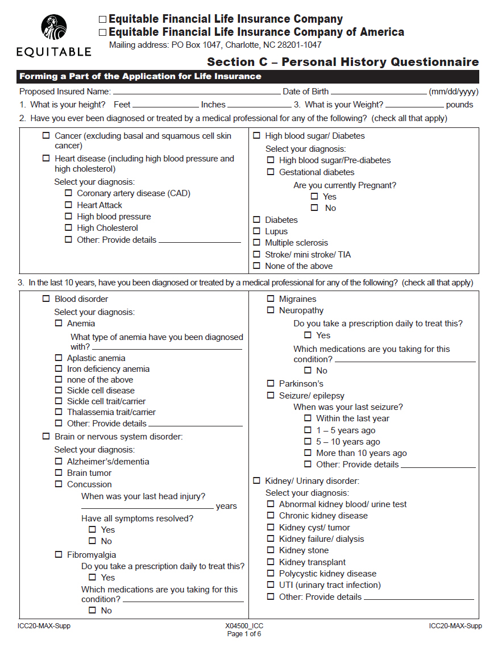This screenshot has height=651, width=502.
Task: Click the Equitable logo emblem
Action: (x=54, y=28)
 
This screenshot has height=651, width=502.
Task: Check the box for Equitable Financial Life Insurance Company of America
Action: (x=102, y=32)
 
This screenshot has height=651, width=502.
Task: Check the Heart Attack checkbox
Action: (x=68, y=205)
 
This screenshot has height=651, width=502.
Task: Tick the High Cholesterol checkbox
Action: (x=68, y=229)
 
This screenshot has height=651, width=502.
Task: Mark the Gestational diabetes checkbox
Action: (x=271, y=172)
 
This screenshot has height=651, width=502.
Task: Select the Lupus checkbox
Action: (x=256, y=231)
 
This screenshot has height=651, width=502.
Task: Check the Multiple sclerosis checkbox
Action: (x=256, y=243)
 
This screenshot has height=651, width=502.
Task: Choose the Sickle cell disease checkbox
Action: (x=59, y=391)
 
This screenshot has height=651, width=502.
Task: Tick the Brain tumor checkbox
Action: (x=59, y=473)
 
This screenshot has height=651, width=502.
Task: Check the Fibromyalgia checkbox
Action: (x=59, y=555)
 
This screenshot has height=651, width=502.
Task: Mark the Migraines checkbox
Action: (x=271, y=299)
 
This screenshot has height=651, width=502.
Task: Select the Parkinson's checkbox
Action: (x=271, y=384)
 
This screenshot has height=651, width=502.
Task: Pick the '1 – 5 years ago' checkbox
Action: (x=308, y=430)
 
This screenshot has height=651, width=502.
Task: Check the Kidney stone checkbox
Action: (x=271, y=550)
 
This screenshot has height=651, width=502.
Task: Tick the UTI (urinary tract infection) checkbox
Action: (x=271, y=585)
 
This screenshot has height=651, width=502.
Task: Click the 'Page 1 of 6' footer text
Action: (x=244, y=634)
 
